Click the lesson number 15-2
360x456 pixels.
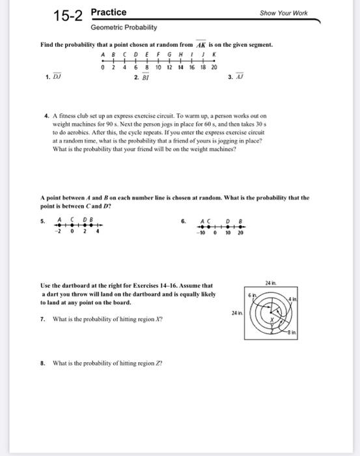(x=68, y=16)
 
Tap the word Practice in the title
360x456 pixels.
(x=109, y=12)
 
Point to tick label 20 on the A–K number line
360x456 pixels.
(x=214, y=67)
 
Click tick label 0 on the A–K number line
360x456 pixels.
(x=104, y=67)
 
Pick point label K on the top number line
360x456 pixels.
(x=214, y=55)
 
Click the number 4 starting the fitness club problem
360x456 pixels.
(x=46, y=115)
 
